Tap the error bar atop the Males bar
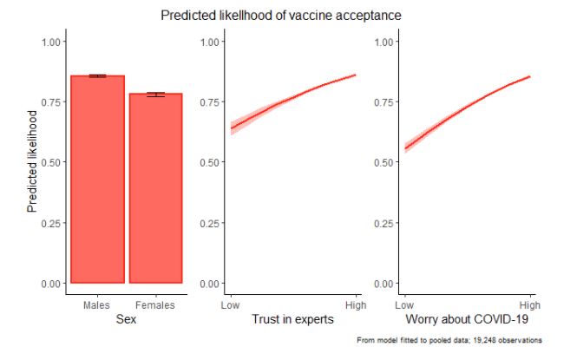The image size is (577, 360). tap(96, 76)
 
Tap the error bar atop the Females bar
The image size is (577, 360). tap(155, 94)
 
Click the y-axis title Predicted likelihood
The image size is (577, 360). tap(33, 161)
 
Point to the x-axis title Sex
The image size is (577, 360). tap(126, 321)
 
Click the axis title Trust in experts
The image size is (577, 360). tap(292, 321)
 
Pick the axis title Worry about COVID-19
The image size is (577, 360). tap(467, 321)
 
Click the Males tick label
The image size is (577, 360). tap(96, 305)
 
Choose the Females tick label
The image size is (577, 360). tap(155, 305)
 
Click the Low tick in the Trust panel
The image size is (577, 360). tap(230, 305)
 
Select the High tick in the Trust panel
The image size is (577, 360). tap(356, 305)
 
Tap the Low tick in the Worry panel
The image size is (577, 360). tap(403, 305)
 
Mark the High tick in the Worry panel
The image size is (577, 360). tap(529, 305)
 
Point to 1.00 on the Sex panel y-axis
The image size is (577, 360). tap(51, 42)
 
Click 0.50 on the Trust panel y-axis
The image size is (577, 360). tap(212, 162)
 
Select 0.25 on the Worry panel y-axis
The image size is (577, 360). tap(385, 223)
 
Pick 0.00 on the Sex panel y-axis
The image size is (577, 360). tap(51, 284)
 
